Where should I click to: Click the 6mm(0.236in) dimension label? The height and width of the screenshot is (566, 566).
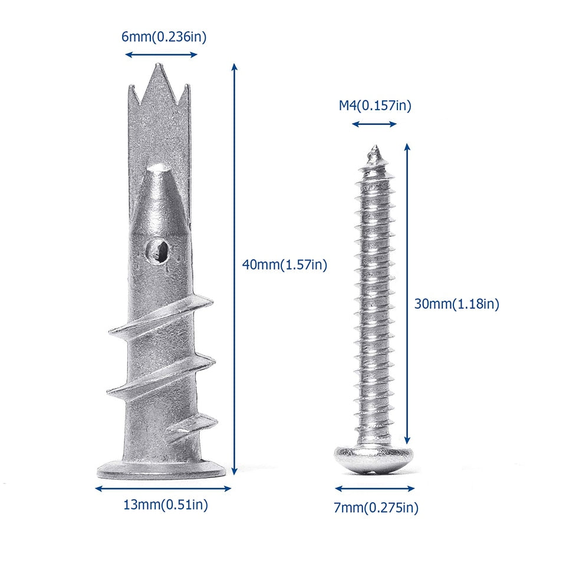point(164,37)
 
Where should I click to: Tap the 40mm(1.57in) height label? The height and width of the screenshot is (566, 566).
point(284,265)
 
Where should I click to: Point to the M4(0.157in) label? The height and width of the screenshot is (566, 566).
point(374,106)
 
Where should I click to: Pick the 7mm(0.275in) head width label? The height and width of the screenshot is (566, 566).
point(376,507)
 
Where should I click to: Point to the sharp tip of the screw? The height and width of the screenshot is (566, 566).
point(373,149)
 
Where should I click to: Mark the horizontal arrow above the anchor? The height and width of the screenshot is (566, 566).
point(161,55)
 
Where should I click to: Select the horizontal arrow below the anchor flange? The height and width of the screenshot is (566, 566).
point(163,488)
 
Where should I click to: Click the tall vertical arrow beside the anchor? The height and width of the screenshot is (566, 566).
point(234,268)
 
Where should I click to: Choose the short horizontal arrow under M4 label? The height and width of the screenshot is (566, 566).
point(374,124)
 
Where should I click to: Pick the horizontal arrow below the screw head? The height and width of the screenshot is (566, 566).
point(374,488)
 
